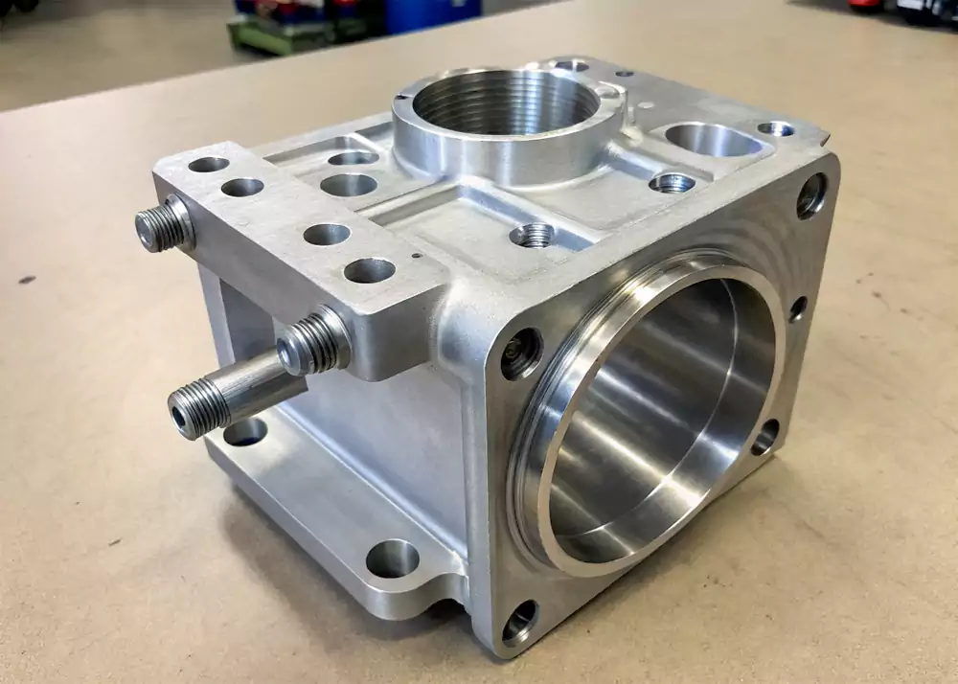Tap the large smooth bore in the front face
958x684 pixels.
[x=661, y=412]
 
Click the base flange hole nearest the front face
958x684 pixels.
[x=392, y=558]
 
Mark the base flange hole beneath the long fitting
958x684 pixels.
[x=244, y=432]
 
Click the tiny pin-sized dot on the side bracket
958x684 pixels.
[x=415, y=257]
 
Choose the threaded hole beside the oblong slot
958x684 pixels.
[x=672, y=182]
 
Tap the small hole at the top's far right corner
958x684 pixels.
[x=775, y=128]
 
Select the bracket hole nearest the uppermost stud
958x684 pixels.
[x=208, y=165]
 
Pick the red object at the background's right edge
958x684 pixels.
[x=867, y=5]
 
